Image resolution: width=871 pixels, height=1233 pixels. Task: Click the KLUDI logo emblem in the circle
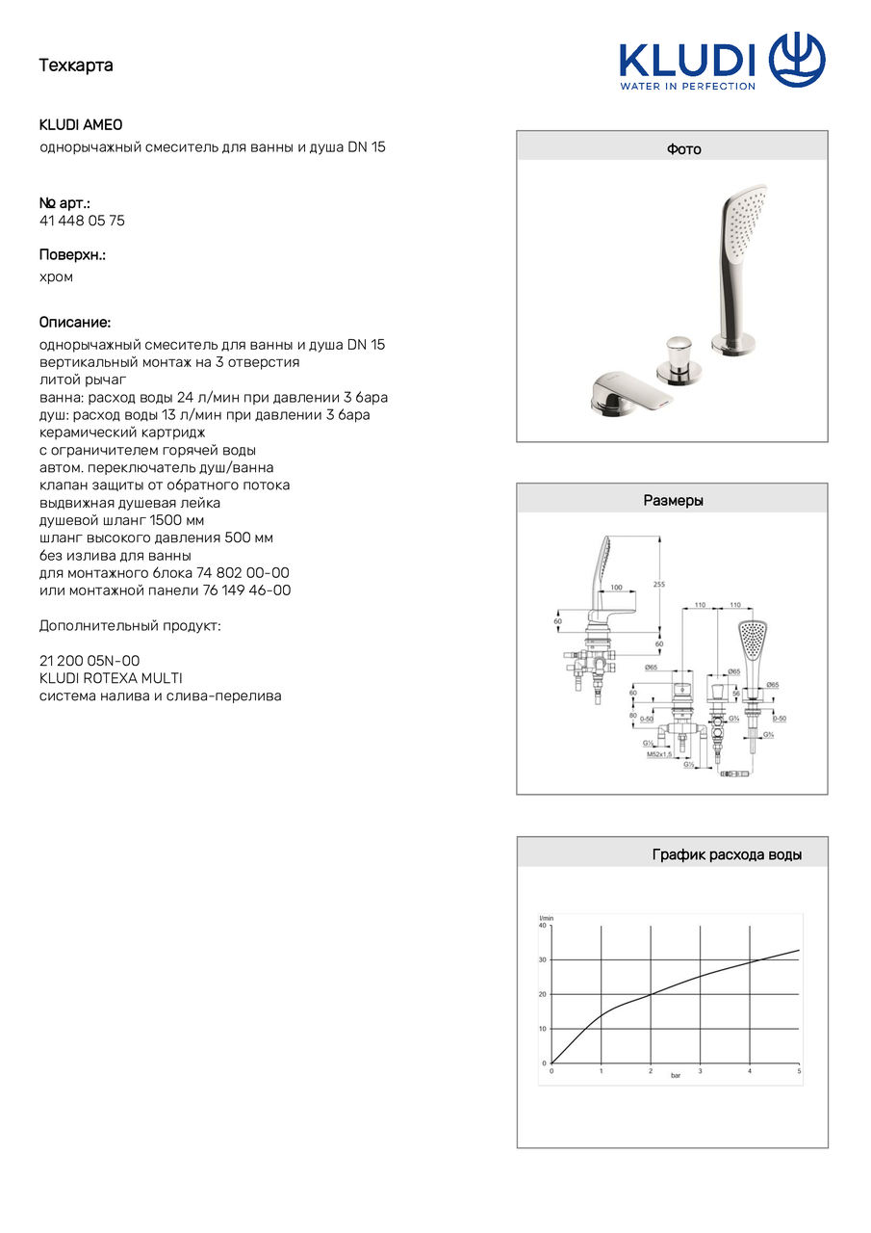(x=797, y=60)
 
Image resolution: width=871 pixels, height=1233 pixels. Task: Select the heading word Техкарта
(x=76, y=66)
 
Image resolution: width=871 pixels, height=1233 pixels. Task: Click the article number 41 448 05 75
(x=82, y=221)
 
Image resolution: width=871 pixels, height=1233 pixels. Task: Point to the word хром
(x=56, y=276)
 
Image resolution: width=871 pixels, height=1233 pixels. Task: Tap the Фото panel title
(x=684, y=149)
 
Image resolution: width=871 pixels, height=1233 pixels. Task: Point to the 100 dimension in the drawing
(x=616, y=586)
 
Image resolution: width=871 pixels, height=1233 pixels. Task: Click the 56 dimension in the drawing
(x=734, y=693)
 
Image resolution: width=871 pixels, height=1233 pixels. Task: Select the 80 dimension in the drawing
(x=634, y=716)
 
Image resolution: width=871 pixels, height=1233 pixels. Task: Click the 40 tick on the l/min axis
(x=543, y=926)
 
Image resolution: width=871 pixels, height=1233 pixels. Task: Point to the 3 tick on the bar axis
(x=700, y=1071)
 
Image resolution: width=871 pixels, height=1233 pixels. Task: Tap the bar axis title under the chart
(x=676, y=1075)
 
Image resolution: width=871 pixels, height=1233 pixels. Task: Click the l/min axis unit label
(x=546, y=917)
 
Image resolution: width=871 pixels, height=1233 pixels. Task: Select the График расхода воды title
(x=727, y=854)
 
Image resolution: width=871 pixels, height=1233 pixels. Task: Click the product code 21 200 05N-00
(x=90, y=661)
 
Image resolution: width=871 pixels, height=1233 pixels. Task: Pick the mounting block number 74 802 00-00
(x=243, y=572)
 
